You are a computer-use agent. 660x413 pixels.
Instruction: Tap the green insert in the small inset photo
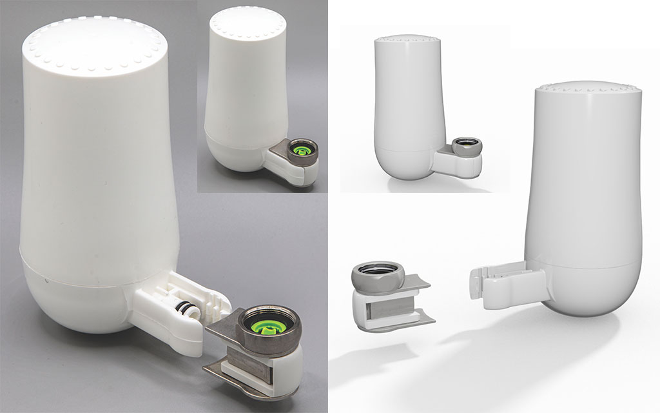(298, 146)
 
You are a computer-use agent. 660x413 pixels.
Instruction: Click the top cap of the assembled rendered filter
(408, 40)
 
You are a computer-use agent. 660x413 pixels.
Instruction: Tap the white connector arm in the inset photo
(290, 170)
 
